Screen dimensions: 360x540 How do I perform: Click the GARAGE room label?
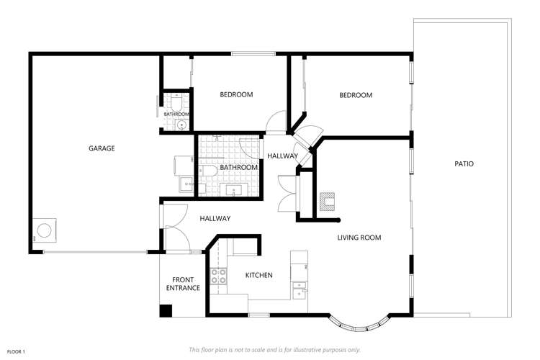(x=102, y=148)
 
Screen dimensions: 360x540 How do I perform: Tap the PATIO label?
(x=464, y=163)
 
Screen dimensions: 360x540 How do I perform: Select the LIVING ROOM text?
(x=359, y=238)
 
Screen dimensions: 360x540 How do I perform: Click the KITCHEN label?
(x=258, y=275)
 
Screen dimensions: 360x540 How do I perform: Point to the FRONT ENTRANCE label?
(x=183, y=284)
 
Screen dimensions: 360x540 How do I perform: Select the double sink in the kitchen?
(x=300, y=289)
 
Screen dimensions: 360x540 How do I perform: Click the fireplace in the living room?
(x=328, y=199)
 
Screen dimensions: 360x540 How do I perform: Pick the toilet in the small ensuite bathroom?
(x=176, y=102)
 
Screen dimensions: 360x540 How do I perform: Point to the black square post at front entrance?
(x=166, y=311)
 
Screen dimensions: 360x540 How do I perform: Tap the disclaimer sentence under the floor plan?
(x=274, y=349)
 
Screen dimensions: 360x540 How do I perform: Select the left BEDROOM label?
(x=236, y=94)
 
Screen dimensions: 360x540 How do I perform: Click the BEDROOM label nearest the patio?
(x=356, y=95)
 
